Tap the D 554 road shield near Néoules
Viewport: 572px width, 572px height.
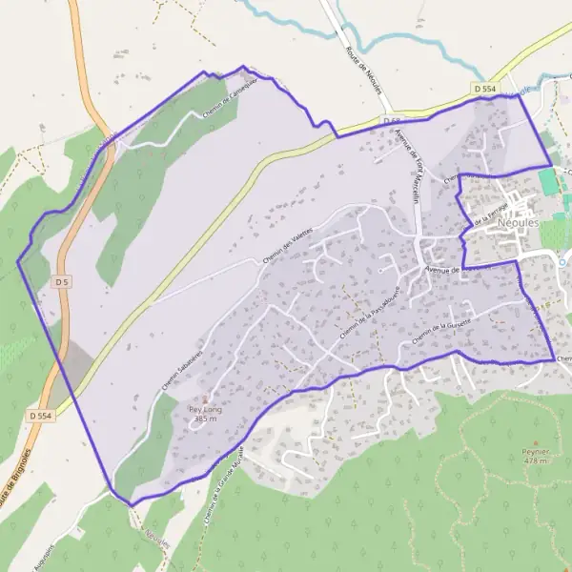[x=484, y=89]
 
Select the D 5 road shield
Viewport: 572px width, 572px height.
[x=62, y=282]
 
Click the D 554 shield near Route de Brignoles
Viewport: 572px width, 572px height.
[x=40, y=416]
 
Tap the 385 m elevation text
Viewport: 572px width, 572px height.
[x=205, y=419]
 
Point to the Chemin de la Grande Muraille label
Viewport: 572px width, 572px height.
[x=225, y=486]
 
